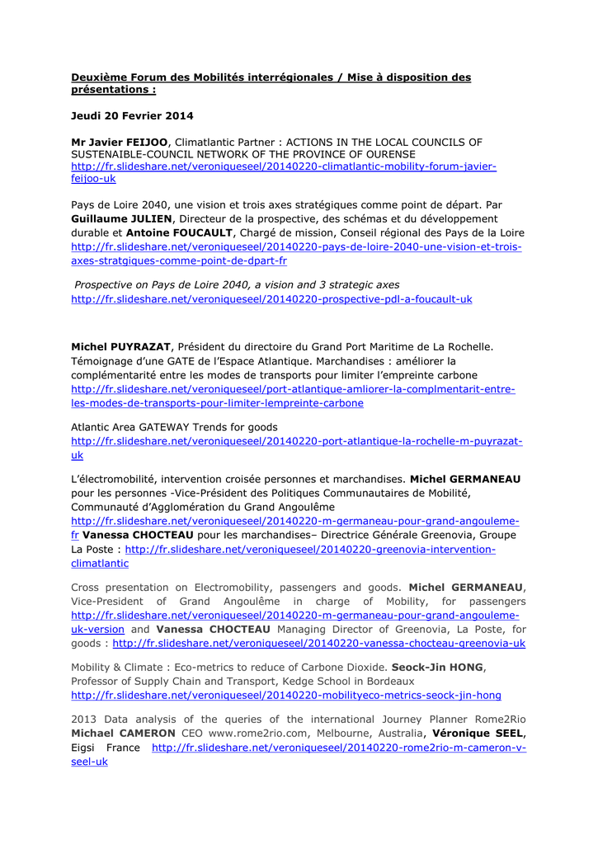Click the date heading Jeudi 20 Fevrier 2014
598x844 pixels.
pyautogui.click(x=132, y=115)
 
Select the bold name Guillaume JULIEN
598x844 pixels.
pyautogui.click(x=122, y=218)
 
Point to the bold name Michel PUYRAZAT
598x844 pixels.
pyautogui.click(x=121, y=347)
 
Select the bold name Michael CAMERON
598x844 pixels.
pyautogui.click(x=123, y=733)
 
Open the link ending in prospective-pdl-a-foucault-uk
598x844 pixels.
pyautogui.click(x=271, y=299)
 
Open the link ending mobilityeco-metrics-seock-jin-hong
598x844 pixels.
pyautogui.click(x=286, y=695)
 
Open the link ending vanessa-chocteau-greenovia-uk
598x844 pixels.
pyautogui.click(x=318, y=643)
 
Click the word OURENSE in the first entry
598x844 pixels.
pyautogui.click(x=388, y=154)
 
